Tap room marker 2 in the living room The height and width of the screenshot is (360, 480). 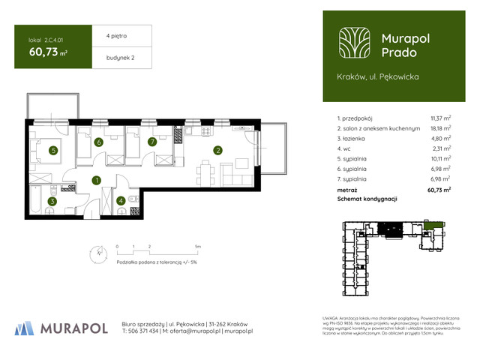click(217, 150)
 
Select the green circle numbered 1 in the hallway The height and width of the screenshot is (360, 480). click(97, 180)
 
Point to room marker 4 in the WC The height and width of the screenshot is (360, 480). click(121, 200)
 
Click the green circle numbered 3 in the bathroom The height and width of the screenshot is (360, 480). click(52, 201)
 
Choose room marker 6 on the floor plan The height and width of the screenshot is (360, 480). click(98, 142)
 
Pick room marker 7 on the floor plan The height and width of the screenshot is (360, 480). click(151, 141)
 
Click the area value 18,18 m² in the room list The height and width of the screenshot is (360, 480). click(440, 128)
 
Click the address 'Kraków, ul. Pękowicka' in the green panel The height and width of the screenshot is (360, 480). click(378, 76)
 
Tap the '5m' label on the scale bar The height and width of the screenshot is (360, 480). click(197, 246)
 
